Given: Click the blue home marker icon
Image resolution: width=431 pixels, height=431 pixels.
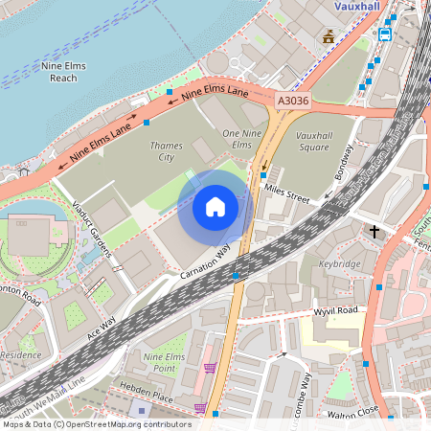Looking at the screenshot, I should click(x=215, y=206).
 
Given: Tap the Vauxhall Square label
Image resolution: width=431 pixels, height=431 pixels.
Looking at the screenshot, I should click(x=320, y=143).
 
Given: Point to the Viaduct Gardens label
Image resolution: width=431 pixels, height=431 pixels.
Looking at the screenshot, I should click(x=93, y=230).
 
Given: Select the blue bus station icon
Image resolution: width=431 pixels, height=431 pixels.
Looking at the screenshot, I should click(x=385, y=34).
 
